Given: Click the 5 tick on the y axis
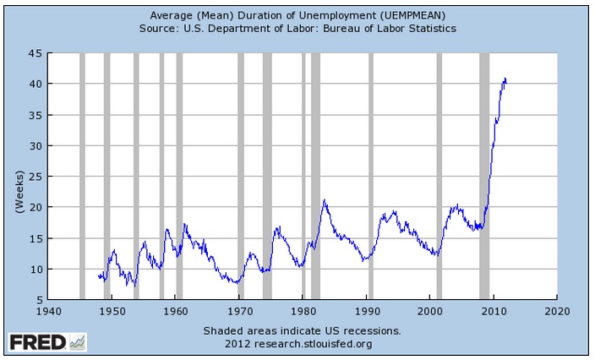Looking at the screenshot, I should (39, 300).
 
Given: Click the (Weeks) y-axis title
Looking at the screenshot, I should (19, 177).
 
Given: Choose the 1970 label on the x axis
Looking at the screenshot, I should (239, 310).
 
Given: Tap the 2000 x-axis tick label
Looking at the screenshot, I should (430, 310).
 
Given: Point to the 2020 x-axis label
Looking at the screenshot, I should (556, 310).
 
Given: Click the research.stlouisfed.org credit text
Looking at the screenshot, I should (298, 344).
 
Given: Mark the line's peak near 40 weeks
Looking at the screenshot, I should (505, 79).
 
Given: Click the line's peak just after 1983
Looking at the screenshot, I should (324, 200).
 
